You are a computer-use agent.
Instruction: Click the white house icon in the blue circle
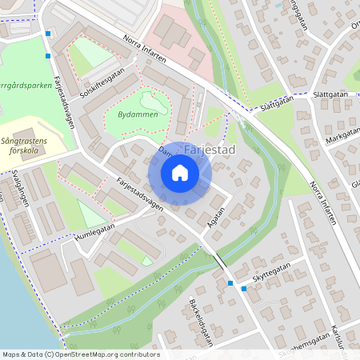(180, 173)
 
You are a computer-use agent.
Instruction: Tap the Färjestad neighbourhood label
(209, 150)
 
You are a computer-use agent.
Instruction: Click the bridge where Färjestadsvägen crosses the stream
(218, 262)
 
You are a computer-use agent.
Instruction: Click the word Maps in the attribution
(12, 354)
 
